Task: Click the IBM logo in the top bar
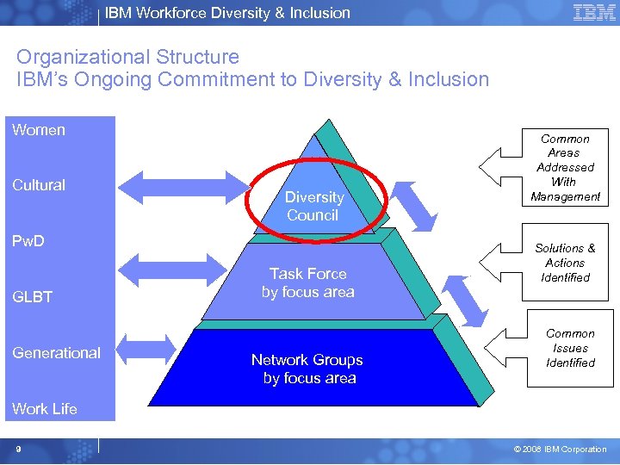coord(594,12)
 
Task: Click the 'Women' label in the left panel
coord(39,130)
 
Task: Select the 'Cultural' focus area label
coord(39,185)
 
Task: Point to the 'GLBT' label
coord(33,297)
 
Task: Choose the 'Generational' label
coord(57,353)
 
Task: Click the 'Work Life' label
coord(45,409)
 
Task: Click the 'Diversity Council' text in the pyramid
coord(313,206)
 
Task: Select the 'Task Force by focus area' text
coord(308,282)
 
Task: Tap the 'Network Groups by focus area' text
coord(307,369)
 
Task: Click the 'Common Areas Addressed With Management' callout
coord(565,168)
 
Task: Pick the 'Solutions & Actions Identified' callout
coord(565,263)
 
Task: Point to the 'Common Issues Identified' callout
coord(570,348)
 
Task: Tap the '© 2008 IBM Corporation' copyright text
coord(561,449)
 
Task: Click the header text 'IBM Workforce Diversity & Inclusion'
coord(227,13)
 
